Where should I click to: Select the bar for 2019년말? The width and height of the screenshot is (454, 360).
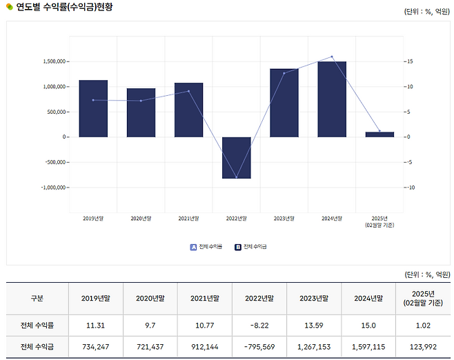pos(93,108)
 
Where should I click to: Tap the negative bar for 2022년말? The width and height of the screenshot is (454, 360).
pos(237,157)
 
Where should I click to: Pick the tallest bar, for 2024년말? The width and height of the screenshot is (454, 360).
pos(332,99)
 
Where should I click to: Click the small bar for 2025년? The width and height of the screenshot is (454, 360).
pos(379,134)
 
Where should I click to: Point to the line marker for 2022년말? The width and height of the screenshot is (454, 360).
pos(237,178)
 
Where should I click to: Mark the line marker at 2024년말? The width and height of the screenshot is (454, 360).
pos(332,57)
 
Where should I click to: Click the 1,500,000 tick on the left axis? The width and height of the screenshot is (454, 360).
pos(53,61)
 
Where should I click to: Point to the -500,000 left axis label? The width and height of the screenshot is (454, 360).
pos(54,162)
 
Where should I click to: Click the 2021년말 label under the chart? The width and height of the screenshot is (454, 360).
pos(188,218)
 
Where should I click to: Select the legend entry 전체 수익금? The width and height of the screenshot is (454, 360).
pos(255,246)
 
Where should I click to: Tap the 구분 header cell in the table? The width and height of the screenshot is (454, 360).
pos(37,299)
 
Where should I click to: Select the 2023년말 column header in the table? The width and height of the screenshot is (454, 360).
pos(314,299)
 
